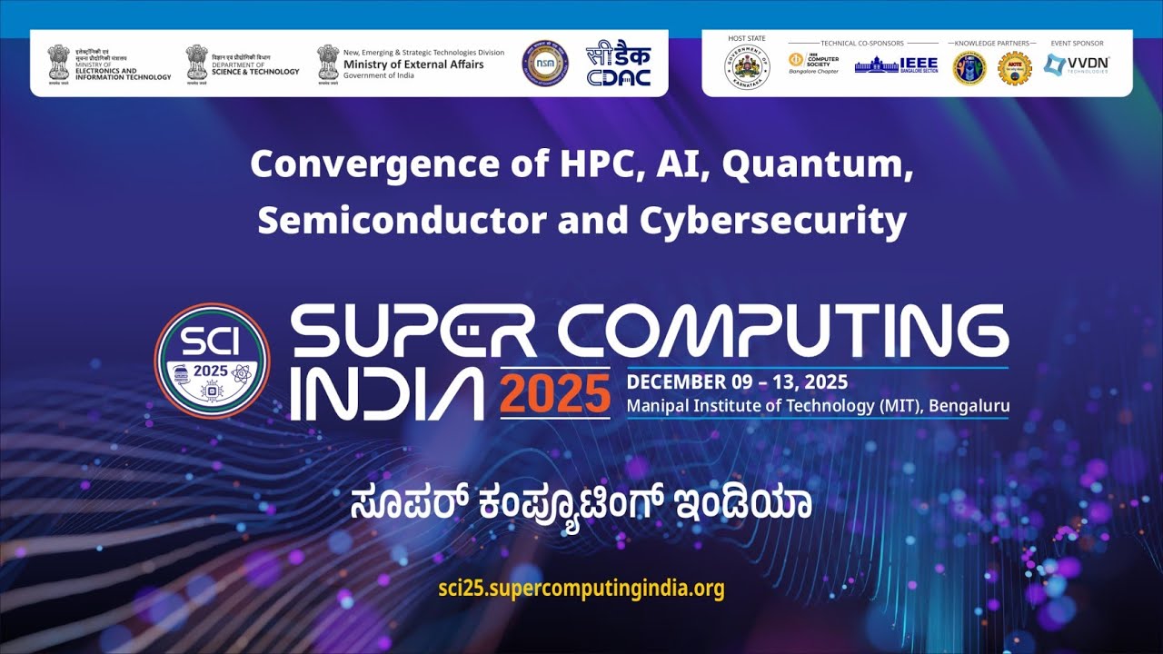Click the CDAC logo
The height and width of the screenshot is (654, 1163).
tap(618, 64)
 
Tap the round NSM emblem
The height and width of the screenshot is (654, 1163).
tap(544, 64)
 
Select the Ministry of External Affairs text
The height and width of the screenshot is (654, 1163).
tap(413, 64)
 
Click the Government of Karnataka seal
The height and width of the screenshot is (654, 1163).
tap(747, 68)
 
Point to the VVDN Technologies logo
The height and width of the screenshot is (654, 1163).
tap(1077, 64)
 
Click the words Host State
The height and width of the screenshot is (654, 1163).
tap(747, 39)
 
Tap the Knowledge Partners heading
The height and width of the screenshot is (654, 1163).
tap(992, 43)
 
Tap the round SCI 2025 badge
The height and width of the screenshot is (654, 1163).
tap(212, 361)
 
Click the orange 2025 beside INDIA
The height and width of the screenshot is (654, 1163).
tap(554, 393)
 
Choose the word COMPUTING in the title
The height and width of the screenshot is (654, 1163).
tap(781, 332)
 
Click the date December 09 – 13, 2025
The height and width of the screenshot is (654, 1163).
tap(737, 381)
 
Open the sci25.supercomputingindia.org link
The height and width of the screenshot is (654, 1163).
tap(581, 588)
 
